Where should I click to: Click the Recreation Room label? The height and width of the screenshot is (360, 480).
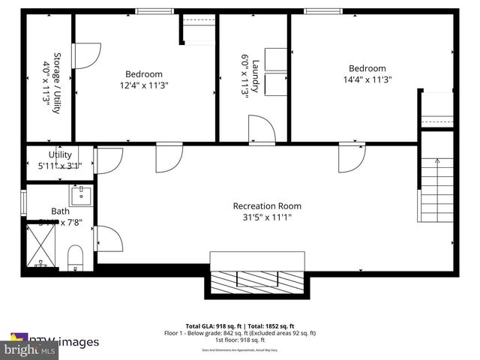267,206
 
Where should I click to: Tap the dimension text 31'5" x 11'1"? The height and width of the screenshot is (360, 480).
267,217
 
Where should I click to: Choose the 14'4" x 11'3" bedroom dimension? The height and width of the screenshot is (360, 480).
367,79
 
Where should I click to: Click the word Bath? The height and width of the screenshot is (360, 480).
60,211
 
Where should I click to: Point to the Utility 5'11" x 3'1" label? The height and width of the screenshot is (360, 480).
60,160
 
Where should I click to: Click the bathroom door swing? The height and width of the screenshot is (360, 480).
107,239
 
